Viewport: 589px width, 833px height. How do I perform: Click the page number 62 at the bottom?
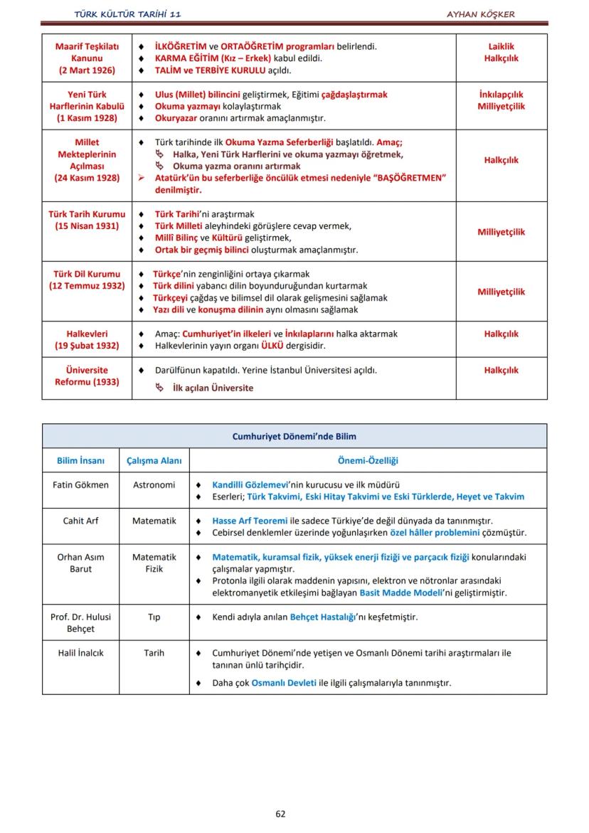coord(280,814)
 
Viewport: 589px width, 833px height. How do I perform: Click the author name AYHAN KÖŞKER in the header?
coord(480,14)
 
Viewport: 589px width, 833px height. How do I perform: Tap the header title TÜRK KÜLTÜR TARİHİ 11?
coord(132,14)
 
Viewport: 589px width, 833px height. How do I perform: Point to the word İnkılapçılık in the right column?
coord(502,94)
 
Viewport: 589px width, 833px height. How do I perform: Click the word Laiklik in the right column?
coord(502,46)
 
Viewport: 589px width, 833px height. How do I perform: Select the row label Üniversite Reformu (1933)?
coord(87,376)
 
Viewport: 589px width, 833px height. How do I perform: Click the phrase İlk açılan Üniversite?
coord(213,388)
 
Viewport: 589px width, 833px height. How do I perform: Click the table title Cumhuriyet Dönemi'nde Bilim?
coord(294,436)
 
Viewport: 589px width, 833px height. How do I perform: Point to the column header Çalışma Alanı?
coord(154,461)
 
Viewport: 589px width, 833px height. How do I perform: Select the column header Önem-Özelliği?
coord(368,461)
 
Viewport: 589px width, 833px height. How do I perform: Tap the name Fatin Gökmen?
coord(81,484)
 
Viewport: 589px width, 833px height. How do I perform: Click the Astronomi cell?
coord(154,484)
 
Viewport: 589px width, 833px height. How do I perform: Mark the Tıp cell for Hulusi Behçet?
coord(154,617)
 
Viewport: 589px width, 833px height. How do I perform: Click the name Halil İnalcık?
coord(81,652)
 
